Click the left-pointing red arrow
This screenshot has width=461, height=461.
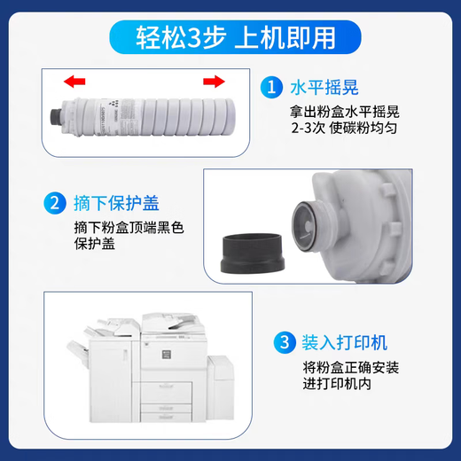[x=74, y=82]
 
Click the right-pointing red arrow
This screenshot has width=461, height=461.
[x=214, y=82]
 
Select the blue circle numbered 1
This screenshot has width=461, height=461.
[x=271, y=87]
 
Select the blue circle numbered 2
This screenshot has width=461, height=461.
[x=55, y=203]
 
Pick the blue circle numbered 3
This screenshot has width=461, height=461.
[x=285, y=342]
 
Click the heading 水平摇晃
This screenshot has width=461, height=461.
[x=324, y=88]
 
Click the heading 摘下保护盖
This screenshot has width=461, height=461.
[x=116, y=203]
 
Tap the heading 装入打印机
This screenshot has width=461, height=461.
[x=345, y=343]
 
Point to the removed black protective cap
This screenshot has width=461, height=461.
[x=253, y=253]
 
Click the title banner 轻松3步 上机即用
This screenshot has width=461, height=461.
[x=236, y=37]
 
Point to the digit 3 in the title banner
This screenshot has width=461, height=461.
[x=194, y=38]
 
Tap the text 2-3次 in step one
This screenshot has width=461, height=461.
[x=309, y=128]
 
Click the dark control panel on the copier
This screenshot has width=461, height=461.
[x=167, y=354]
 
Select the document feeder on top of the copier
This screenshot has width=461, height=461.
[x=172, y=323]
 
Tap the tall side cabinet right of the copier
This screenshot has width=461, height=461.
[x=221, y=387]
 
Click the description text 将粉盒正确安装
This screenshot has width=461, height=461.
[x=351, y=367]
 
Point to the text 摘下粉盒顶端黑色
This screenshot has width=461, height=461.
[x=129, y=228]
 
